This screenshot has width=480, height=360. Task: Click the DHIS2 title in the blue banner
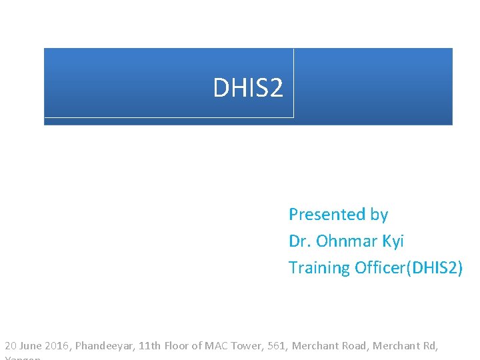[248, 87]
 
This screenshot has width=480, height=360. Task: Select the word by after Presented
[379, 215]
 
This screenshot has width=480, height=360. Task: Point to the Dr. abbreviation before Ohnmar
[300, 241]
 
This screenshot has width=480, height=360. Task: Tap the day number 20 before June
[11, 346]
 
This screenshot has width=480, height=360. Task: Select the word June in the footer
[31, 346]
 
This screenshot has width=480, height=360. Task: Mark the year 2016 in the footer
[57, 346]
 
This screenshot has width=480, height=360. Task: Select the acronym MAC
[217, 346]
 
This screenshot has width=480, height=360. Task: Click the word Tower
[247, 346]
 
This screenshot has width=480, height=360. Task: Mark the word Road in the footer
[353, 346]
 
